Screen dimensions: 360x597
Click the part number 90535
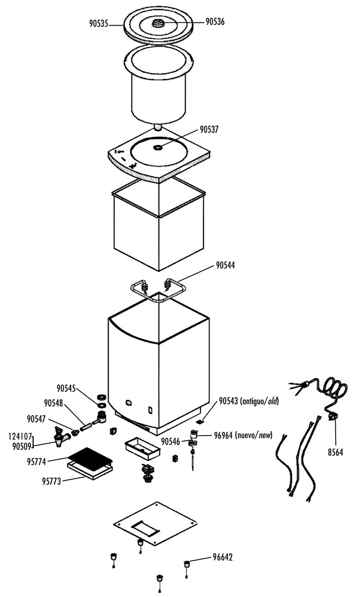(x=98, y=23)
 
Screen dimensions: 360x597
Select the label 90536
(x=215, y=22)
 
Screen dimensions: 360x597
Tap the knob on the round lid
(x=158, y=23)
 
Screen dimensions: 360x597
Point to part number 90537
(x=209, y=130)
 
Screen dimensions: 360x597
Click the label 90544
(x=225, y=265)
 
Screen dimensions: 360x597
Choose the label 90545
(x=66, y=388)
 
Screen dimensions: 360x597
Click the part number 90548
(x=53, y=403)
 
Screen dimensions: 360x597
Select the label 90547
(x=36, y=419)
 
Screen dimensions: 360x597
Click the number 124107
(x=20, y=437)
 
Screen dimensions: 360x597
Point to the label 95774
(x=36, y=462)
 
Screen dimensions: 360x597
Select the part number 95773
(x=52, y=481)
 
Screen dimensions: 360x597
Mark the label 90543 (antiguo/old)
(x=249, y=401)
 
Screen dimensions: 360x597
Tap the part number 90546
(x=170, y=441)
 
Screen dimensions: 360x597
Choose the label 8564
(x=335, y=452)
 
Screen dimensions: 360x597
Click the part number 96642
(x=223, y=558)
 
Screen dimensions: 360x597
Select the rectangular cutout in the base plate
(x=145, y=528)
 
